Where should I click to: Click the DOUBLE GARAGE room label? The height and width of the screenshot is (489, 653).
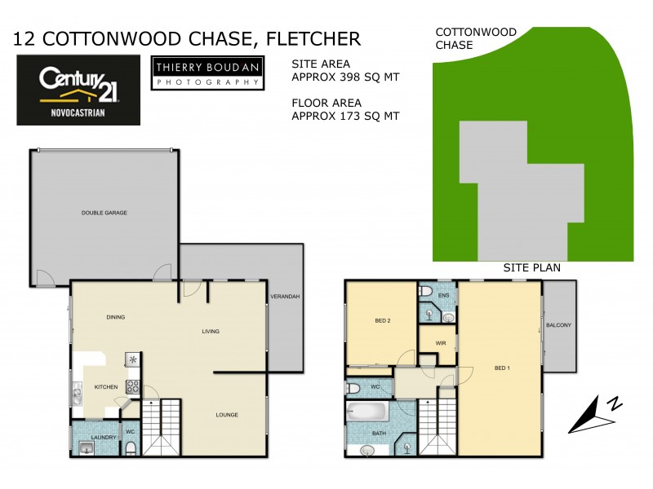(104, 213)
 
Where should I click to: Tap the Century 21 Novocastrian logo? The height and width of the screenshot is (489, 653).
(78, 90)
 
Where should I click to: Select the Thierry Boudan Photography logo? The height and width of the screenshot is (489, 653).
(207, 73)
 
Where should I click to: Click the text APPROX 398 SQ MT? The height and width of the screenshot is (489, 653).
(345, 77)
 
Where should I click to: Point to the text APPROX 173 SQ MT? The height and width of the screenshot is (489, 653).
(345, 117)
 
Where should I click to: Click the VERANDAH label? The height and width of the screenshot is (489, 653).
(285, 297)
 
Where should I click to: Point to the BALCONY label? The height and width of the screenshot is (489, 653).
(559, 326)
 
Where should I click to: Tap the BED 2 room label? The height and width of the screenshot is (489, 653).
(383, 321)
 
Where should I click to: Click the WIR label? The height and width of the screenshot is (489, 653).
(438, 343)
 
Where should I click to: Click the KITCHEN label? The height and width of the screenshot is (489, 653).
(106, 387)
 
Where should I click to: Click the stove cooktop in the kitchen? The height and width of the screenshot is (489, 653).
(133, 388)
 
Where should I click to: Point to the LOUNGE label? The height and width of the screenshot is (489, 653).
(227, 415)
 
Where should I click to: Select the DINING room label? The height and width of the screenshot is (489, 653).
(115, 317)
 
